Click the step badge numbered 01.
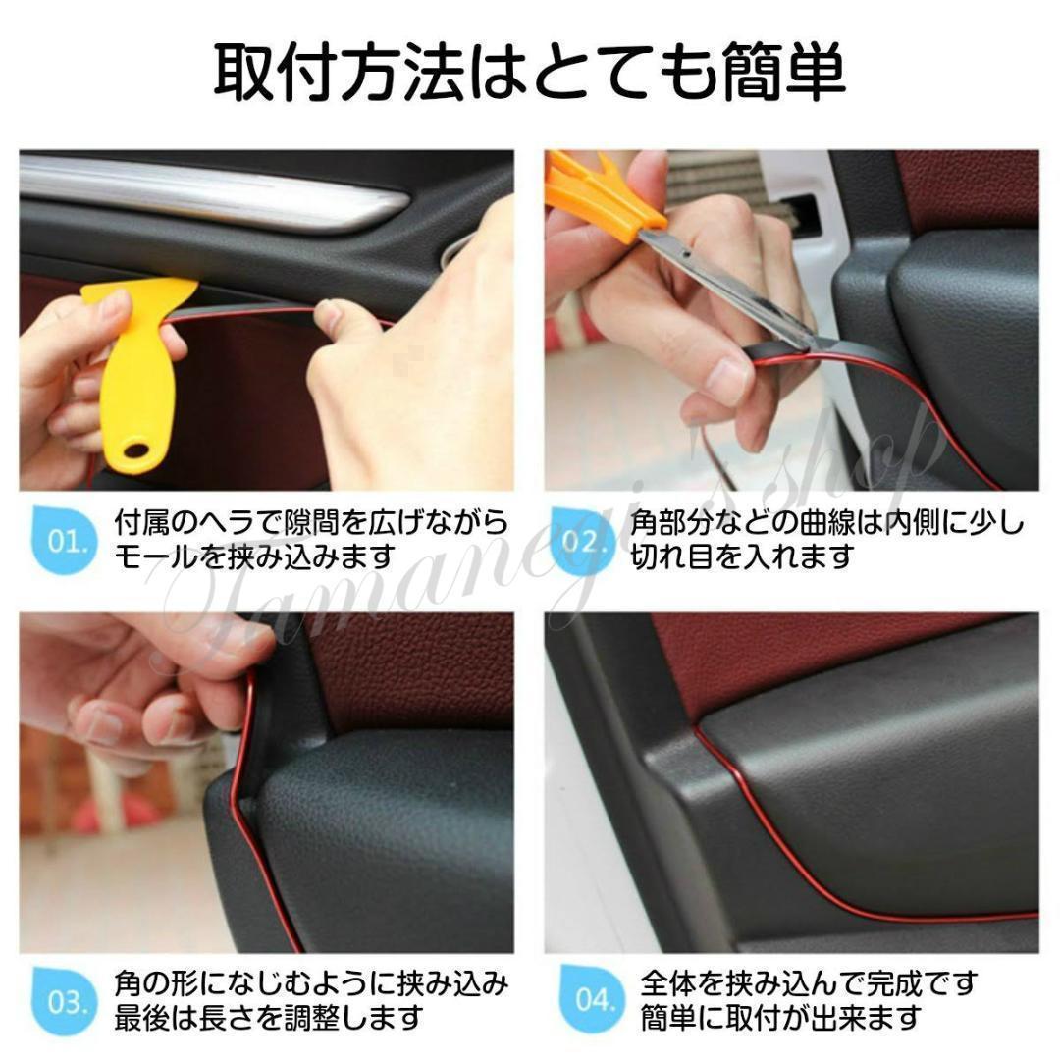[x=65, y=541]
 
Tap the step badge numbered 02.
[x=580, y=541]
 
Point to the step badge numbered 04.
[x=592, y=999]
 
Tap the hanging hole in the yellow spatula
[x=138, y=448]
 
